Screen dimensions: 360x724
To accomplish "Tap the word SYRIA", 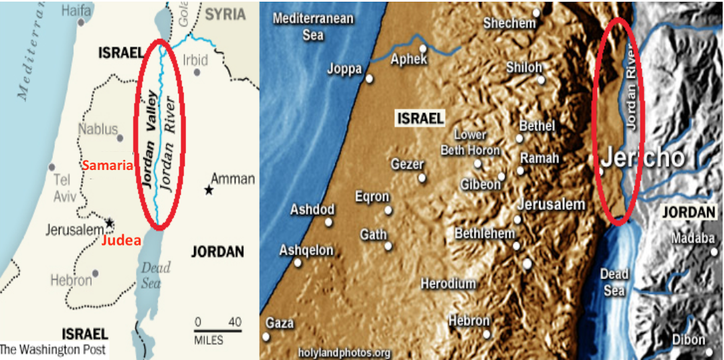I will (227, 14).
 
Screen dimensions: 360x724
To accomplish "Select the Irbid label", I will (195, 60).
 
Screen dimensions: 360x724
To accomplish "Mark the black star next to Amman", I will (209, 191).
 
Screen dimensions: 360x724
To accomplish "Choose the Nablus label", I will (98, 129).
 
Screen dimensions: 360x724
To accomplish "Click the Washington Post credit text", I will (52, 349).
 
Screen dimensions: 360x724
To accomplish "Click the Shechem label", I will (510, 23).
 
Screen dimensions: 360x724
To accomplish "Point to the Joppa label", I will (345, 68).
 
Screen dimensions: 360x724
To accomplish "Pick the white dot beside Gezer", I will (422, 178).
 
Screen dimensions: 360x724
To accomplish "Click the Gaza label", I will (280, 323).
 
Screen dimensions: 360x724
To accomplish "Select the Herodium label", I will (448, 284).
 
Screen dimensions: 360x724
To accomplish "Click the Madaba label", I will (693, 239).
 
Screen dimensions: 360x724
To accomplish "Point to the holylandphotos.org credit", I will (345, 351).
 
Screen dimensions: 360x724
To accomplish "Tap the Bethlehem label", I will (485, 234).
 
